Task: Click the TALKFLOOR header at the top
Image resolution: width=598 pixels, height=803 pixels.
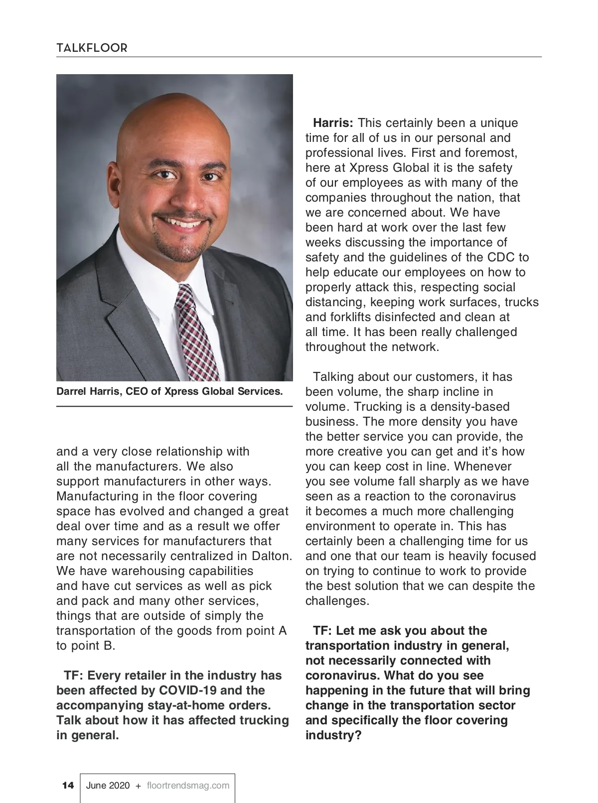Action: pos(92,48)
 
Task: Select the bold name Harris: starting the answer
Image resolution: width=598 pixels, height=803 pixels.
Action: pos(333,123)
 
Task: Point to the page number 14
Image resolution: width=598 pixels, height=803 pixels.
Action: pos(68,785)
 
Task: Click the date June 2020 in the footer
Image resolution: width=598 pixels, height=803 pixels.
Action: pos(108,786)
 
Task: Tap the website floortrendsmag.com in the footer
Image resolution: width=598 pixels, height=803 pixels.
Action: pos(188,786)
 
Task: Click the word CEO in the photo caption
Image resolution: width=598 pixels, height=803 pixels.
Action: pos(137,391)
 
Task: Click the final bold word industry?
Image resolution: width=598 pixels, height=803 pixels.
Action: pos(333,735)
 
